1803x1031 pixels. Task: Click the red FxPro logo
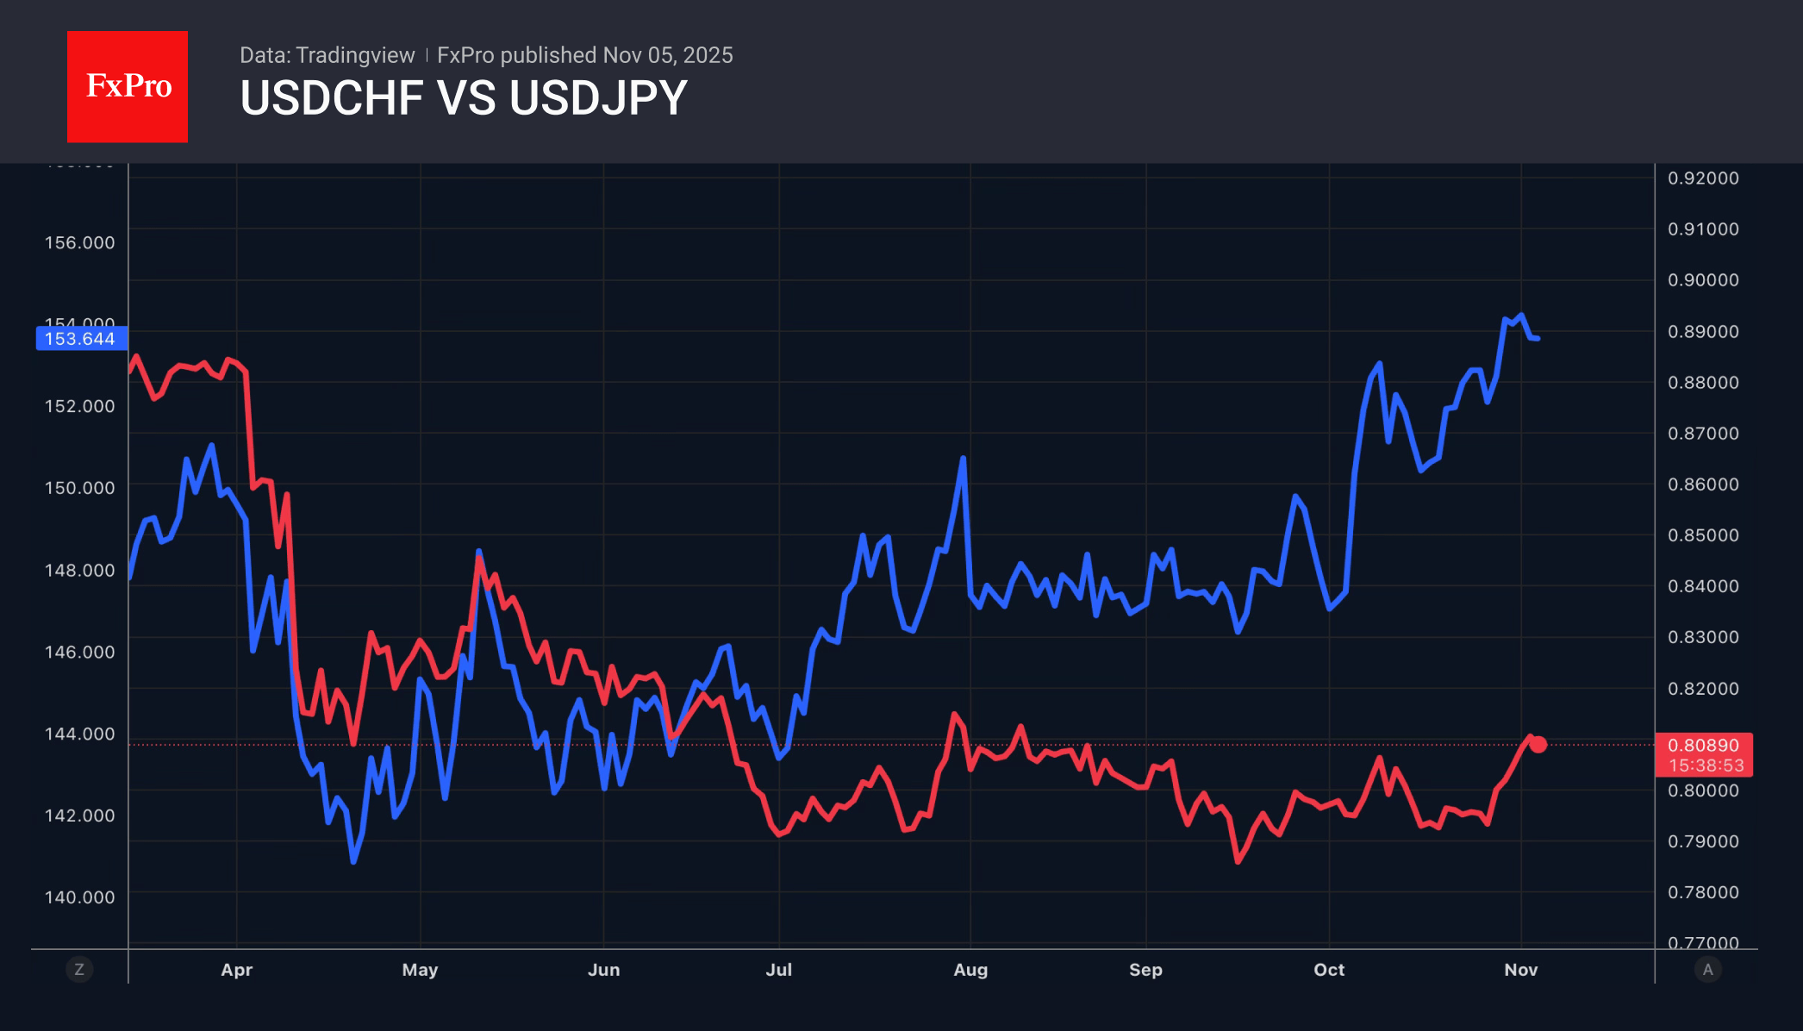tap(128, 86)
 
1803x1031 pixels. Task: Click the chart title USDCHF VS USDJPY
tap(464, 97)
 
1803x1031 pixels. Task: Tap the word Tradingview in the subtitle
tap(355, 55)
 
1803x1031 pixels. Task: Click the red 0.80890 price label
tap(1703, 746)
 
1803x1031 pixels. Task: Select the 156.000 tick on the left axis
tap(79, 243)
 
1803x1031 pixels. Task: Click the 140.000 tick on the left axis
tap(79, 897)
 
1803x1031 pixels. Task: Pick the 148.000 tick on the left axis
tap(79, 571)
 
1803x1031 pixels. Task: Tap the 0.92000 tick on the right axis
tap(1703, 178)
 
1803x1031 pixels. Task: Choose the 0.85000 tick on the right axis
tap(1703, 535)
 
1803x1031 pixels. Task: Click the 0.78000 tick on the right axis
tap(1703, 892)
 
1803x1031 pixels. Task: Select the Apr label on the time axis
tap(236, 970)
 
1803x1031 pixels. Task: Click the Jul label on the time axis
tap(778, 970)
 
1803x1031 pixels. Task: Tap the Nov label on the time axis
tap(1520, 970)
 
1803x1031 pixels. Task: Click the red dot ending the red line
tap(1538, 745)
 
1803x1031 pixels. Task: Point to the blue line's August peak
tap(963, 459)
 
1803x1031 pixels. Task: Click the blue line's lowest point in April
tap(353, 861)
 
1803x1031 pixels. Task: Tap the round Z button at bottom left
tap(79, 970)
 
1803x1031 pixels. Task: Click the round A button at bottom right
tap(1707, 970)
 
